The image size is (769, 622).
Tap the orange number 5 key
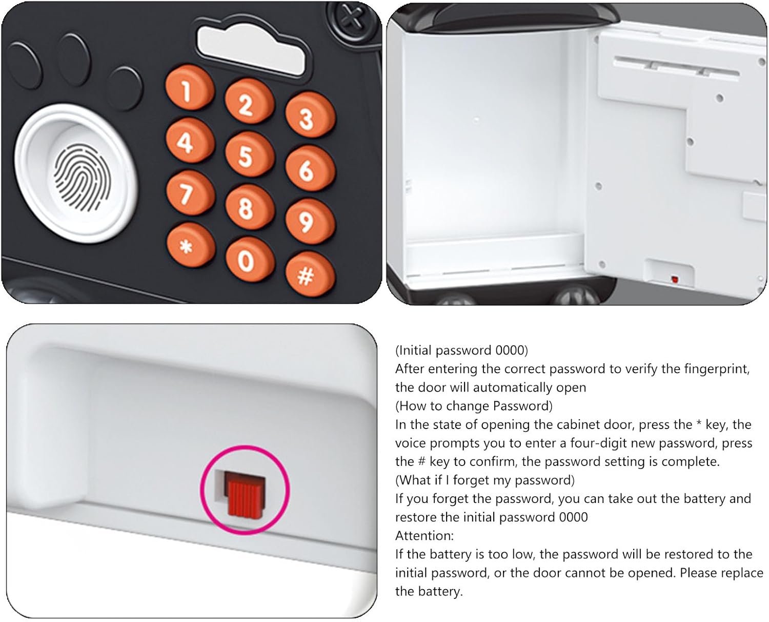click(x=249, y=154)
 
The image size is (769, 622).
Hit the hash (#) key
click(x=310, y=274)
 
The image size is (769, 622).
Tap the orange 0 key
click(x=250, y=259)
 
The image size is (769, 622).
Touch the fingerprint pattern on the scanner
click(x=82, y=177)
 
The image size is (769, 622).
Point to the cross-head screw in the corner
click(x=352, y=17)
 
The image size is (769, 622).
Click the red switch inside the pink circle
click(x=245, y=493)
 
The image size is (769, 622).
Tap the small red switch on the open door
click(x=674, y=279)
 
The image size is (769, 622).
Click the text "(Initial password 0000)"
click(x=461, y=350)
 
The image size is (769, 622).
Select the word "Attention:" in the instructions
click(x=424, y=535)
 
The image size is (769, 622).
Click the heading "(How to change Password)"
click(x=474, y=406)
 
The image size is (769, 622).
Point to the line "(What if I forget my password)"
click(x=485, y=480)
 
